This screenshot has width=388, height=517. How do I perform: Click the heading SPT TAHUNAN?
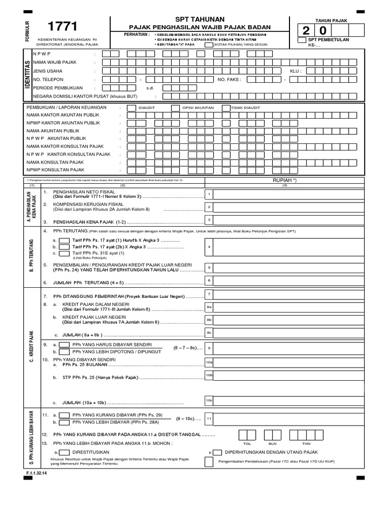200,19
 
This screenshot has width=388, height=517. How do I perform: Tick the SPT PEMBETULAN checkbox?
302,40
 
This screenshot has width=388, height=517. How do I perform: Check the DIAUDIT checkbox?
131,108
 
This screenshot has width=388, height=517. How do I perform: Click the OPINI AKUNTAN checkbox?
175,108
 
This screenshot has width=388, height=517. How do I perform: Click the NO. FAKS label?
229,79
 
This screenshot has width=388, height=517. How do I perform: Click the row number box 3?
209,220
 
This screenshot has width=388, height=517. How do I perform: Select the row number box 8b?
209,320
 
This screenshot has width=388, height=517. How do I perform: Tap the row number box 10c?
209,400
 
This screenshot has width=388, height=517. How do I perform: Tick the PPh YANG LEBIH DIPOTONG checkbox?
64,352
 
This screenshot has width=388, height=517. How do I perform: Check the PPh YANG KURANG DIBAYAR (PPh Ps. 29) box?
64,416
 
